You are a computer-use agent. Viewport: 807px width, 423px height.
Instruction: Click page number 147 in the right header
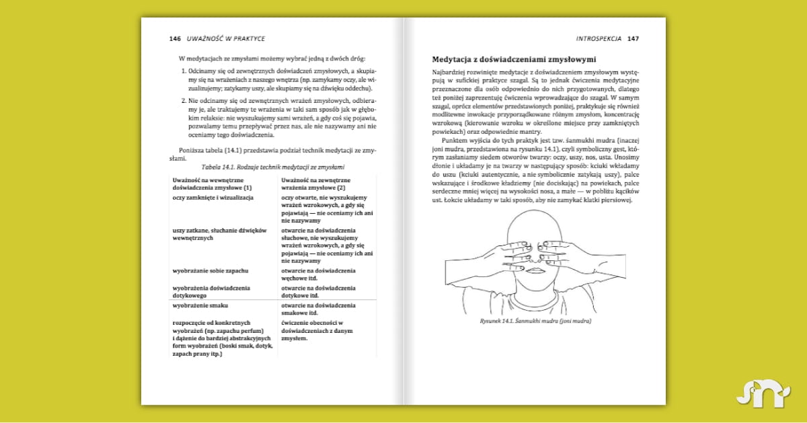(x=633, y=38)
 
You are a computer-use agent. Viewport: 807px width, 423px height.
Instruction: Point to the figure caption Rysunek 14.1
(x=536, y=321)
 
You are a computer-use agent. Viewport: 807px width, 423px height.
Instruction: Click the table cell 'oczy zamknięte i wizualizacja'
(x=213, y=198)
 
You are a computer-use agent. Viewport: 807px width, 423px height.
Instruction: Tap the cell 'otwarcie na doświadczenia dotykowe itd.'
(x=318, y=291)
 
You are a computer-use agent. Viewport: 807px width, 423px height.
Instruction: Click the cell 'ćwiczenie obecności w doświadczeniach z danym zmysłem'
(x=317, y=330)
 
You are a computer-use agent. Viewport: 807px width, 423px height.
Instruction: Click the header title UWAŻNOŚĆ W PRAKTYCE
(x=225, y=38)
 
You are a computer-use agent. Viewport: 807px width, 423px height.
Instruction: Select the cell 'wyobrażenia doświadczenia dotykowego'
(x=211, y=291)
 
